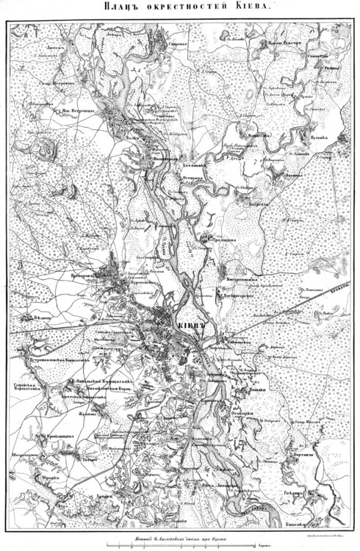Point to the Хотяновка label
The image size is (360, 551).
point(194,166)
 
